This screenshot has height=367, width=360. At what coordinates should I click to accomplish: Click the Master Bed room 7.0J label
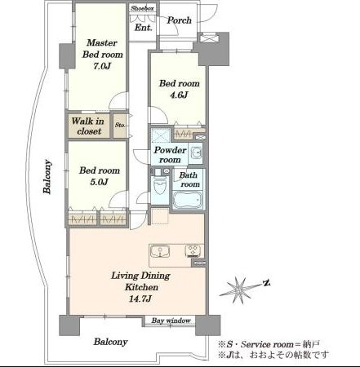(102, 55)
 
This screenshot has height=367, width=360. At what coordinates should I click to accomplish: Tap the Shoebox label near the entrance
(142, 8)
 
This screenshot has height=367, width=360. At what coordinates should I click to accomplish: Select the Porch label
(179, 20)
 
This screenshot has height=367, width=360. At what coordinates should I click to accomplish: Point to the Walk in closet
(88, 126)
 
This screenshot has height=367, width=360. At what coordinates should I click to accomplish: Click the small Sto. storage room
(120, 126)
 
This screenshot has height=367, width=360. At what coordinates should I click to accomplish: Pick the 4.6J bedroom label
(179, 89)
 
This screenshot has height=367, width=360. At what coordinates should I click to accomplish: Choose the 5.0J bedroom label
(100, 176)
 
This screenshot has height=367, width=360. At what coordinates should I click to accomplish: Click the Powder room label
(170, 155)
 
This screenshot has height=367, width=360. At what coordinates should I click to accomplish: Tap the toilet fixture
(160, 185)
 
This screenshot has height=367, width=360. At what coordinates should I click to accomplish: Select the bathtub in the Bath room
(188, 200)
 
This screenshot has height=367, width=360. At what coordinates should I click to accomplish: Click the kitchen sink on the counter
(161, 251)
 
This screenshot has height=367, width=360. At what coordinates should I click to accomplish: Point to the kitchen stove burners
(193, 251)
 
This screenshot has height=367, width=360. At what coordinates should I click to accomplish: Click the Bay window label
(171, 321)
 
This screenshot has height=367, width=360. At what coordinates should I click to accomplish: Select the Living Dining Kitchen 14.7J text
(141, 287)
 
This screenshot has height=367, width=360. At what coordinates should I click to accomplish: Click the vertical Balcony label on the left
(47, 177)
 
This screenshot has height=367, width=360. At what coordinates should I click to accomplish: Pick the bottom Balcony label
(110, 342)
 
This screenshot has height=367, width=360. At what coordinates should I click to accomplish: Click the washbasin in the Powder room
(196, 153)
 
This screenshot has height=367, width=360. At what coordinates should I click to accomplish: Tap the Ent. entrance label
(144, 27)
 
